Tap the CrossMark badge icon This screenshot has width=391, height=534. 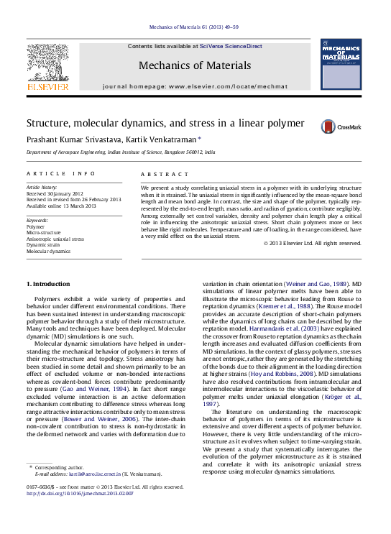click(x=330, y=126)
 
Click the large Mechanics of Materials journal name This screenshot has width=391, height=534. click(x=196, y=65)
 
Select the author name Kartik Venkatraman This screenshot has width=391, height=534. click(x=157, y=139)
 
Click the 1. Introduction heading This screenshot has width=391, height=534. click(x=48, y=284)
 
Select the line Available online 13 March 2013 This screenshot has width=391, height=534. click(x=60, y=206)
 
